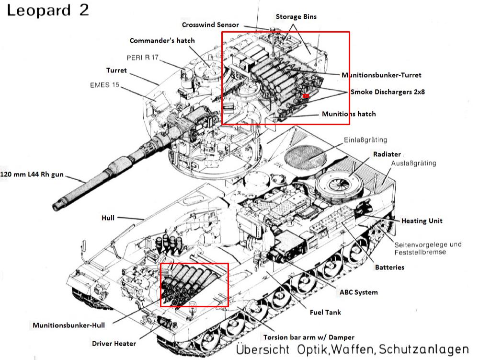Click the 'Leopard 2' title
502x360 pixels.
click(x=48, y=10)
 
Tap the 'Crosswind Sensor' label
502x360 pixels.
click(x=210, y=25)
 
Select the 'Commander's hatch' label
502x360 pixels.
click(x=162, y=41)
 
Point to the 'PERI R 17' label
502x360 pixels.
click(x=142, y=58)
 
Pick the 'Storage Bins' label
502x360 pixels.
click(x=296, y=17)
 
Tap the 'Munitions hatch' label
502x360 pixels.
click(x=349, y=114)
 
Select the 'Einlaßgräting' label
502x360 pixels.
click(x=365, y=140)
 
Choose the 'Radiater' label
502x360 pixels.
click(x=387, y=154)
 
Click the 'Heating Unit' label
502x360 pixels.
click(x=422, y=221)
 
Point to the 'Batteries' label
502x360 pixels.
click(x=389, y=267)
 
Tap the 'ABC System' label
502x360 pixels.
click(x=358, y=292)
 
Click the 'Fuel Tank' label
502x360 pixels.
click(x=325, y=313)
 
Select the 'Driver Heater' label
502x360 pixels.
click(x=114, y=343)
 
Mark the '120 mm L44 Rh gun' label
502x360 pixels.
click(x=32, y=175)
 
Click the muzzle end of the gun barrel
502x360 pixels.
click(x=58, y=206)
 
